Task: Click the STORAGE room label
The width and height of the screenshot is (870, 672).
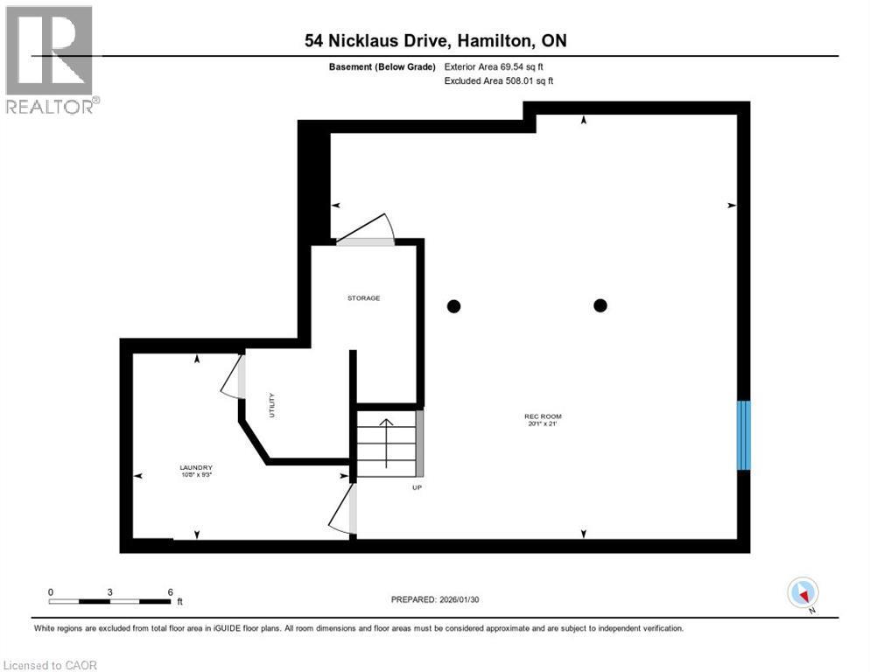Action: click(363, 298)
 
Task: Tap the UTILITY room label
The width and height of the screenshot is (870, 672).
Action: click(272, 409)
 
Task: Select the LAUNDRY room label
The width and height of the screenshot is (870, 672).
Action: click(196, 467)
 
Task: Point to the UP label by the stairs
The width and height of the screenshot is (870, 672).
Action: click(417, 487)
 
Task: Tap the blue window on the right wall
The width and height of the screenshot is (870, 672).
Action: click(743, 435)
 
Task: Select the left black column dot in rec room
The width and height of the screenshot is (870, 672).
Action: click(453, 306)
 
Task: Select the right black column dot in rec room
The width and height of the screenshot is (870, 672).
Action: click(600, 305)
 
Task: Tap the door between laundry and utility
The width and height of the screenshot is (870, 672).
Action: click(233, 377)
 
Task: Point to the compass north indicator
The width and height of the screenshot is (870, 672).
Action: click(803, 593)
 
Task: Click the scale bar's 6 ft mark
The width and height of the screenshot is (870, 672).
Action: click(170, 591)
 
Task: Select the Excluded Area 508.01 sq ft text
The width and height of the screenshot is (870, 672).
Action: click(499, 80)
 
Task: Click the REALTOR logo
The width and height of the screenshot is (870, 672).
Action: click(51, 60)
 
